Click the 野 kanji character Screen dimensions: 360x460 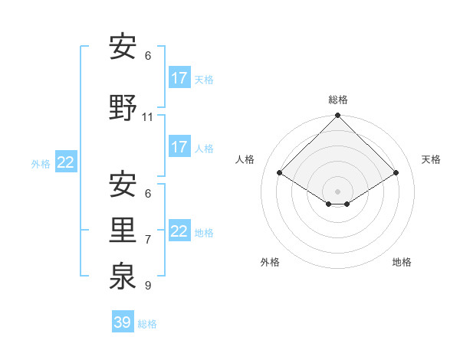point(123,107)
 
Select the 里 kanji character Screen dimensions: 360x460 point(123,230)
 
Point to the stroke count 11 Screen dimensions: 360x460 point(148,117)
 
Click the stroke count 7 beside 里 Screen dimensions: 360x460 point(148,240)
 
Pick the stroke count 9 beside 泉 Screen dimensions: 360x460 point(148,286)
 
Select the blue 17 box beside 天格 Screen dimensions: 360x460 point(179,77)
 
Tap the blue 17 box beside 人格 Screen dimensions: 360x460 point(179,146)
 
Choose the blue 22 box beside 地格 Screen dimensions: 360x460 point(179,231)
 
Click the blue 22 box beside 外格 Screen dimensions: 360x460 point(66,162)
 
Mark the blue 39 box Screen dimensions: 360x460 point(123,322)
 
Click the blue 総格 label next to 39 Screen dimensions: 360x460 point(147,324)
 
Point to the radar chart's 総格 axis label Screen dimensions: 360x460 point(338,100)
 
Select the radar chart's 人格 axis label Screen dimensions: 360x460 point(245,159)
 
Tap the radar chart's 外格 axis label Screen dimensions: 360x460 point(270,262)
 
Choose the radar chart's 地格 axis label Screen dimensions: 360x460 point(402,262)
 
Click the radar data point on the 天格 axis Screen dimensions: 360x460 point(396,173)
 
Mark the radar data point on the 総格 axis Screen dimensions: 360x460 point(338,116)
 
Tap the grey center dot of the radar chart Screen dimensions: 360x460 point(338,191)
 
